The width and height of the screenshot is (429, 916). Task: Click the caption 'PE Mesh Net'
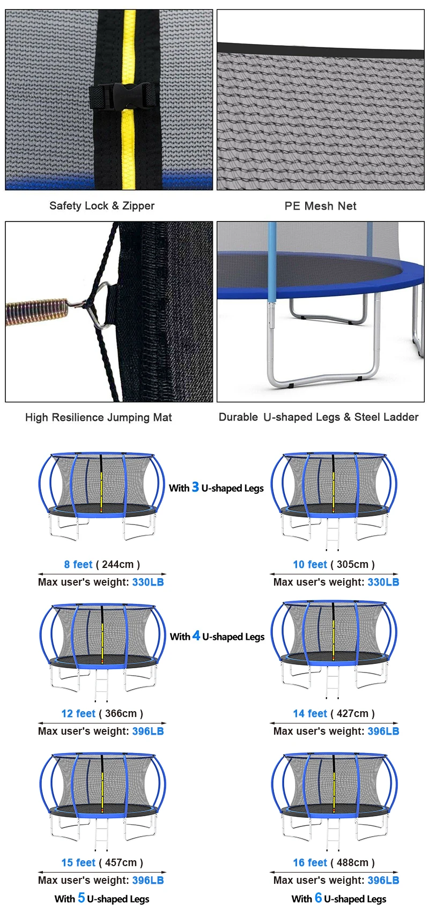320,206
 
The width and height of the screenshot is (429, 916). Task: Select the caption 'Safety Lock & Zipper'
102,206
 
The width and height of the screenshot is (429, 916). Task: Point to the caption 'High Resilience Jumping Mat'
99,417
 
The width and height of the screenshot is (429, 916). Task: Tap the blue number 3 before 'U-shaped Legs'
195,487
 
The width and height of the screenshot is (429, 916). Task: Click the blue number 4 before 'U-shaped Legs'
196,636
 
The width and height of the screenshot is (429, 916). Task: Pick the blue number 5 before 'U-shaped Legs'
82,898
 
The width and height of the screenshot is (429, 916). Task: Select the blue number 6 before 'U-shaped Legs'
319,898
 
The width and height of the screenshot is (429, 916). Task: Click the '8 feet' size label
78,564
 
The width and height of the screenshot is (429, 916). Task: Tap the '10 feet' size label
310,564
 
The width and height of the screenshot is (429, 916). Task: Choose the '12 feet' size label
78,713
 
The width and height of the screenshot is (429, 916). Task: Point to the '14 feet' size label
310,713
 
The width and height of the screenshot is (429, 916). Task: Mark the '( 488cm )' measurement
352,862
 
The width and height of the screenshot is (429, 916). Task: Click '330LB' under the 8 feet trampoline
148,582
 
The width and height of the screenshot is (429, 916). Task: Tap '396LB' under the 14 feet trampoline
383,731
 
